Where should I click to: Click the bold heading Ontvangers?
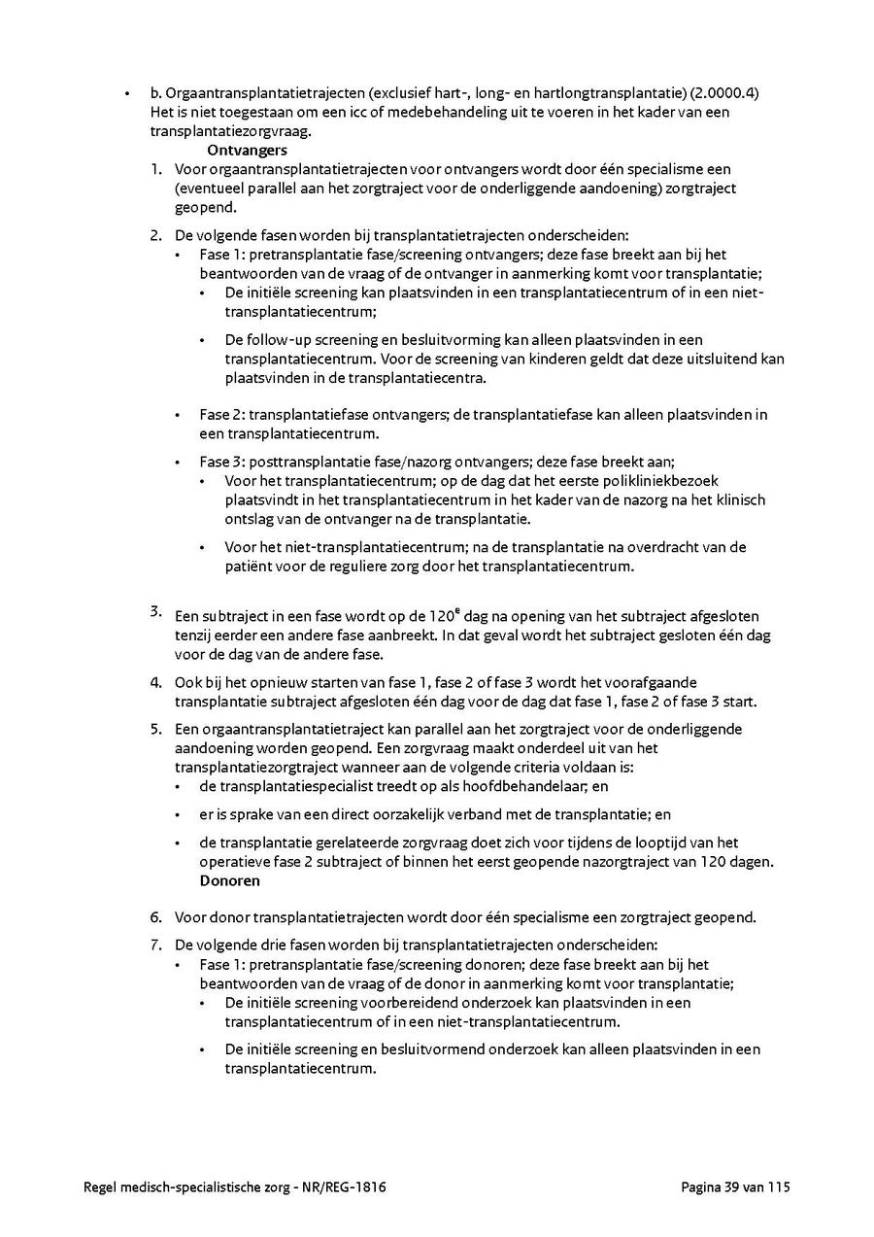click(247, 151)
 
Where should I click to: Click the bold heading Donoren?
click(229, 880)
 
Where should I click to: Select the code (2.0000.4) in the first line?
click(724, 93)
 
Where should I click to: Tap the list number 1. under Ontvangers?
click(155, 170)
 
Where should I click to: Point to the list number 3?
click(155, 611)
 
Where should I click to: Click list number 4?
click(155, 683)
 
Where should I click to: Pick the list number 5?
click(155, 729)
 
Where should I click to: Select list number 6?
click(155, 917)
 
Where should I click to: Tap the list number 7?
click(155, 945)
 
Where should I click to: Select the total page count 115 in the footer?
click(780, 1187)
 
